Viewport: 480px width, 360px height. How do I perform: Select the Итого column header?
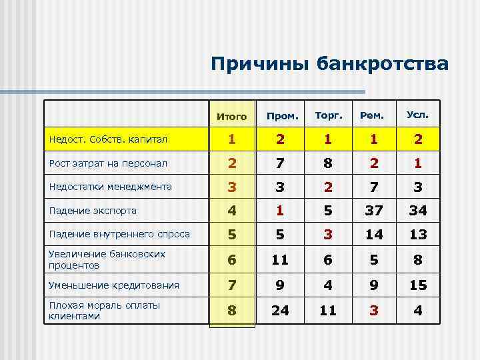click(232, 116)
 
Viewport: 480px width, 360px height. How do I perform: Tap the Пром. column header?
click(282, 116)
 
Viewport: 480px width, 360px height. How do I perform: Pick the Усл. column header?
click(417, 115)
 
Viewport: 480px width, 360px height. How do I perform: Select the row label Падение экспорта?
click(93, 211)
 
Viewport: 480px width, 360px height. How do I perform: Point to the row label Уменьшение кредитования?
click(114, 285)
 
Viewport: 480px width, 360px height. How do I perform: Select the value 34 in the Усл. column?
click(417, 211)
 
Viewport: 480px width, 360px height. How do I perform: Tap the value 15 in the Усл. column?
click(417, 285)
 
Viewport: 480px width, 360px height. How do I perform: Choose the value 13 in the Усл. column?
click(417, 234)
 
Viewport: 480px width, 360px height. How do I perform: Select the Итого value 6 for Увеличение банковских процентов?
click(232, 259)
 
